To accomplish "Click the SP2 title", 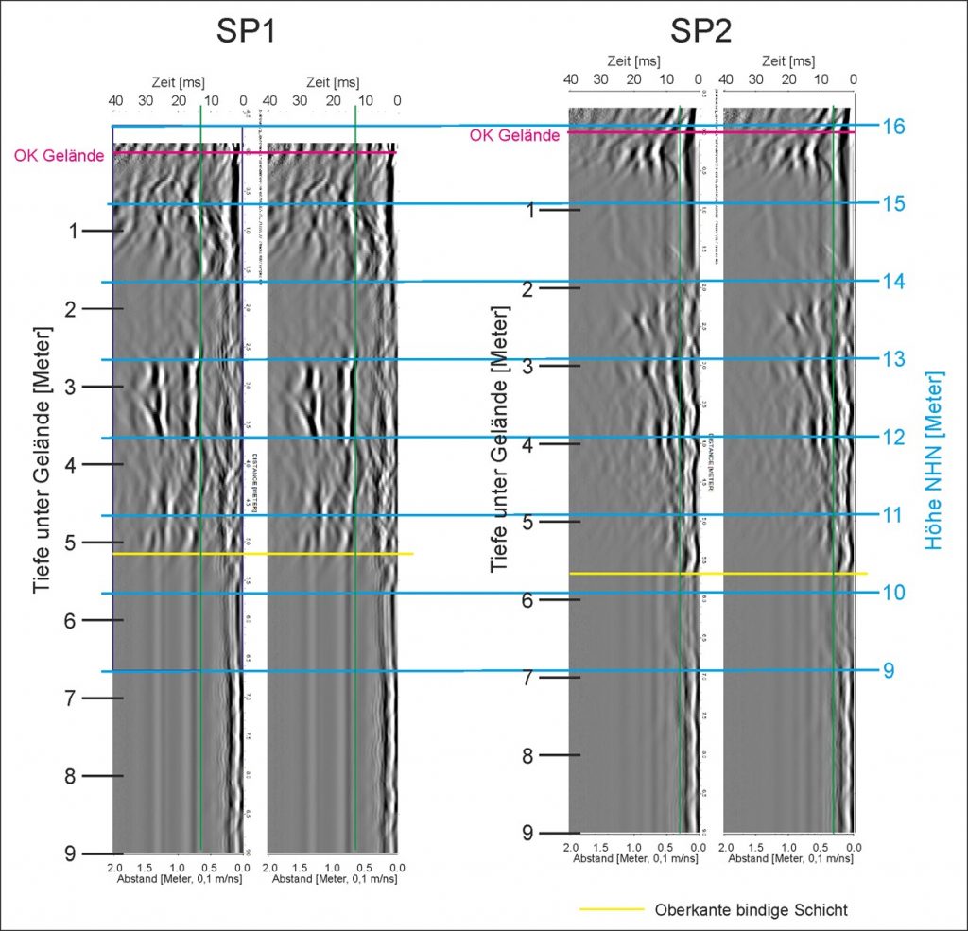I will click(700, 32).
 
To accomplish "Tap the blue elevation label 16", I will click(894, 126).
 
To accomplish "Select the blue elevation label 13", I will click(894, 359).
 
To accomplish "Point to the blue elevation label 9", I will click(889, 670).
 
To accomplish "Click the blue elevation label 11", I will click(894, 515).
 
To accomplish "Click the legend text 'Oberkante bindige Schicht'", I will click(751, 910).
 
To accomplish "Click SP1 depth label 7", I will click(73, 698).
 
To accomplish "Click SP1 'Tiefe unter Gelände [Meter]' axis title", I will click(42, 460).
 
